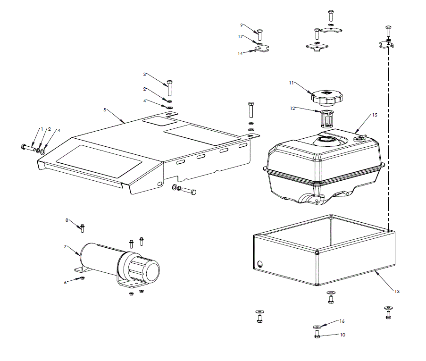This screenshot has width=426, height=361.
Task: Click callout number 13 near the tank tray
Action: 397,292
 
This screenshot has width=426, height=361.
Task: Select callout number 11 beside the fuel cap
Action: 292,83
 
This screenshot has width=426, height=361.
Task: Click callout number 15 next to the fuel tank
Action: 375,115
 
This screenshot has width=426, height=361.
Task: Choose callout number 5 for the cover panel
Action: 105,109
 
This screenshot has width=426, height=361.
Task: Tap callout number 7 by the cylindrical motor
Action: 66,246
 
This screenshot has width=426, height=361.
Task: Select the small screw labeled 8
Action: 82,228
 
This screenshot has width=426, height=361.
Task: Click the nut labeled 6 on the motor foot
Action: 82,279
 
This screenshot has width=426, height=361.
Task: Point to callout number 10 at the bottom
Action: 342,335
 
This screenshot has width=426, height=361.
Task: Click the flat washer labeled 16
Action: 317,326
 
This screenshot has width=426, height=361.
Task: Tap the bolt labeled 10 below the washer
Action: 317,334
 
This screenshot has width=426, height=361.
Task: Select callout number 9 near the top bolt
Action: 241,25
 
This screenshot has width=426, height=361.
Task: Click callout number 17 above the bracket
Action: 241,36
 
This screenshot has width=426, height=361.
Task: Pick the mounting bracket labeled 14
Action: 262,49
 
